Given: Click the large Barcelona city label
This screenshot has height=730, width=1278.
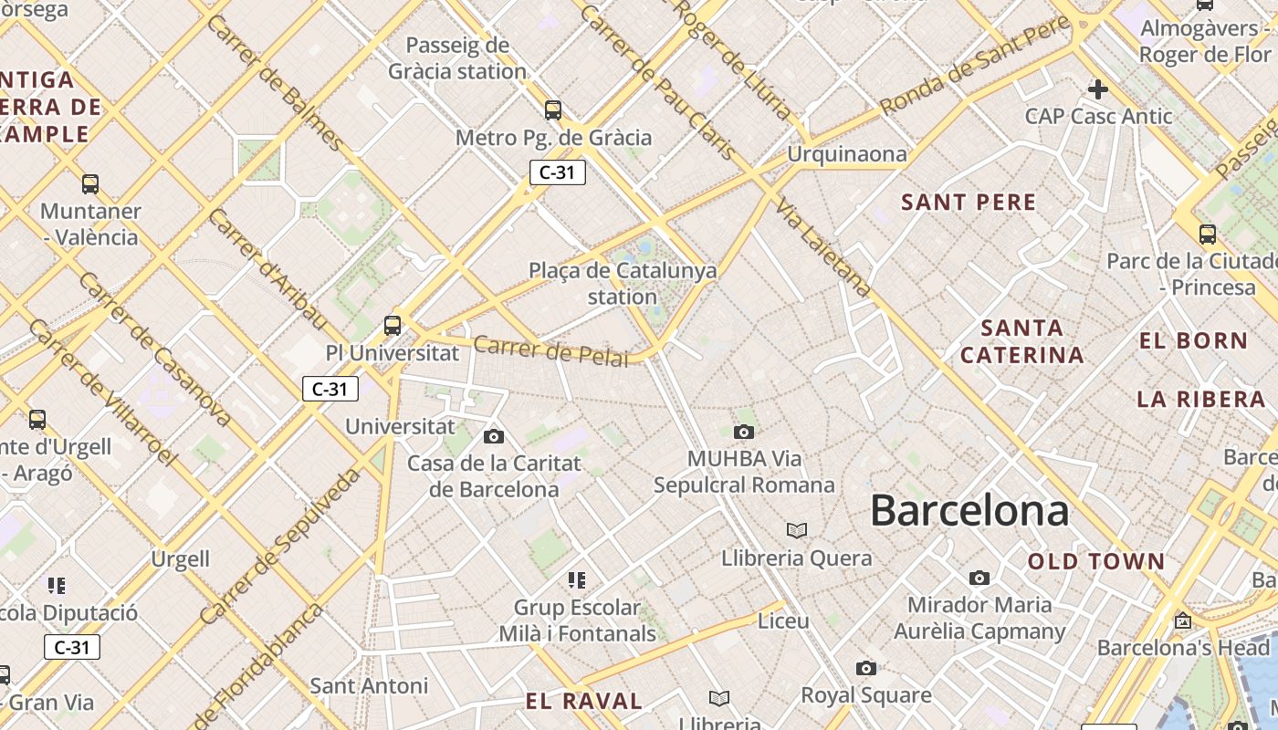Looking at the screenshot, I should pyautogui.click(x=969, y=510).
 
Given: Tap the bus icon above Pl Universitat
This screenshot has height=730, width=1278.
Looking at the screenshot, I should pyautogui.click(x=393, y=326).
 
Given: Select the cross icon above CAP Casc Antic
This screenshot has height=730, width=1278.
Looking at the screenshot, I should pyautogui.click(x=1098, y=89).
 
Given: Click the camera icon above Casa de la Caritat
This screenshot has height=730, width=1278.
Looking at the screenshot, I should pyautogui.click(x=494, y=436).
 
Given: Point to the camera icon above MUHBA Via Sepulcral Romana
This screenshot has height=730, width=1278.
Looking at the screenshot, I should pyautogui.click(x=744, y=432).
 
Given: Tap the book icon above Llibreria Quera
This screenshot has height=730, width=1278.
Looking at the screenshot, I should pyautogui.click(x=797, y=530).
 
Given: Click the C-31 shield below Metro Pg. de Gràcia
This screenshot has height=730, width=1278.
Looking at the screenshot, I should pyautogui.click(x=557, y=172).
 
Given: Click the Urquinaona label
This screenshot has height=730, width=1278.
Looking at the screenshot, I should pyautogui.click(x=847, y=154).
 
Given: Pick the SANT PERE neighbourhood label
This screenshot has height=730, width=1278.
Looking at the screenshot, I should pyautogui.click(x=969, y=203).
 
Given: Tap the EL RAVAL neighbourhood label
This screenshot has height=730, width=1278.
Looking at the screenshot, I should pyautogui.click(x=584, y=701).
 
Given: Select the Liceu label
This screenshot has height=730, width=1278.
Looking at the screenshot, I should pyautogui.click(x=783, y=620).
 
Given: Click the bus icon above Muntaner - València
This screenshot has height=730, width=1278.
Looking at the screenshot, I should pyautogui.click(x=89, y=184).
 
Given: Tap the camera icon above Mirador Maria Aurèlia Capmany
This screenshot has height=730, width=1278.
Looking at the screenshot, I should pyautogui.click(x=979, y=578).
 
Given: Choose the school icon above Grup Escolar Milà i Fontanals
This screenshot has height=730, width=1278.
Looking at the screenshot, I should pyautogui.click(x=576, y=579).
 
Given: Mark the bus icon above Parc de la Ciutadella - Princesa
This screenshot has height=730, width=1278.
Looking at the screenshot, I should pyautogui.click(x=1207, y=235).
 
